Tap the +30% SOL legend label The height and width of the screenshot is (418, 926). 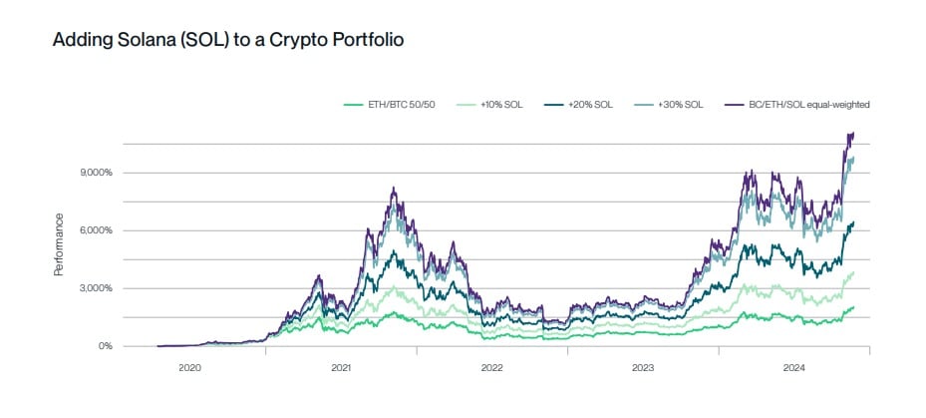[680, 104]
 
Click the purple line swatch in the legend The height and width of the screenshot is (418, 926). [734, 104]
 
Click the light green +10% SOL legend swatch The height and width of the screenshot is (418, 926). [466, 104]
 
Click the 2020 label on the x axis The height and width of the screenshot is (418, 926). [189, 368]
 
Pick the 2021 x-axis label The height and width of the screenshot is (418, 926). [341, 368]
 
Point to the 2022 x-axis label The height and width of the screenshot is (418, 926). [491, 368]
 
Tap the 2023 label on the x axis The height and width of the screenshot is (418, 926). [643, 368]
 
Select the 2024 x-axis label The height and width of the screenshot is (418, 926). [793, 368]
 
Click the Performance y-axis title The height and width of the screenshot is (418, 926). [59, 243]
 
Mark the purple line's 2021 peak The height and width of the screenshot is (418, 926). [395, 188]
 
